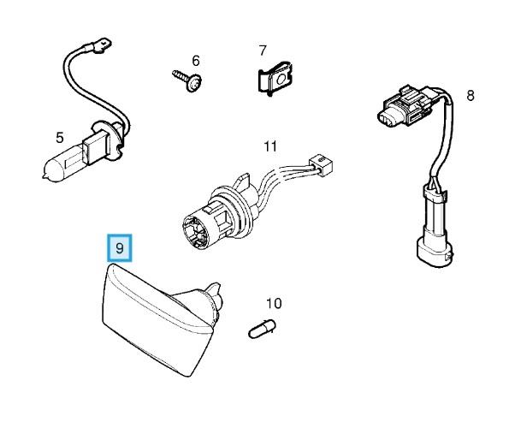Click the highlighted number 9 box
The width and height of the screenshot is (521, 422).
tap(121, 248)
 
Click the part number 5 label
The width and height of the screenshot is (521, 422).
tap(59, 137)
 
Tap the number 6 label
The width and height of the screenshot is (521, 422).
tap(195, 61)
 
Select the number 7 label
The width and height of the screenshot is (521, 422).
tap(263, 51)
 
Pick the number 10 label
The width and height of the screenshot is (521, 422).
tap(273, 303)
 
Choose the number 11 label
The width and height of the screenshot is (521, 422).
tap(270, 146)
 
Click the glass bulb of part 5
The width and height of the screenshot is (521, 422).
tap(62, 162)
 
